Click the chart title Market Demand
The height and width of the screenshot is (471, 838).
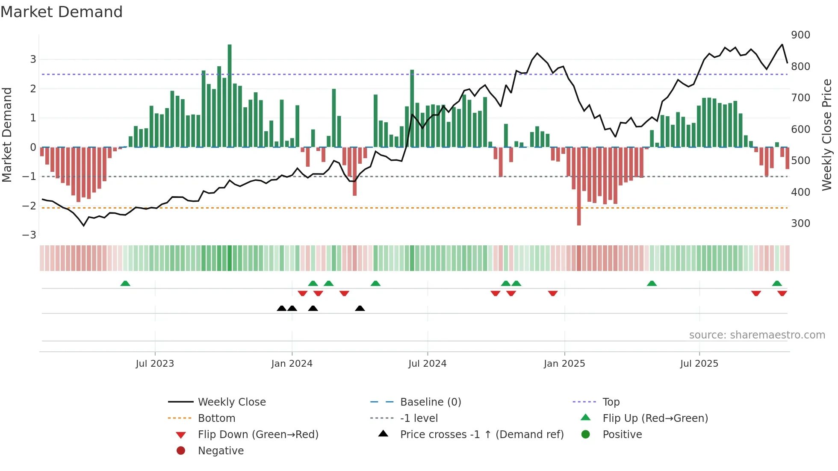pyautogui.click(x=62, y=12)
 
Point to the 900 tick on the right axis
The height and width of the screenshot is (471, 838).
pyautogui.click(x=800, y=35)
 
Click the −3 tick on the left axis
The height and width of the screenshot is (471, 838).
pyautogui.click(x=29, y=235)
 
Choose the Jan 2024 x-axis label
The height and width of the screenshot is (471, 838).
pyautogui.click(x=292, y=364)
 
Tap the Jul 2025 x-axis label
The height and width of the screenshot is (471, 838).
pyautogui.click(x=699, y=364)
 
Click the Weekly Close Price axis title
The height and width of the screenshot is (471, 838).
pyautogui.click(x=827, y=135)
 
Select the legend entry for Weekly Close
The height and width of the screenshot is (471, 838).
pyautogui.click(x=231, y=402)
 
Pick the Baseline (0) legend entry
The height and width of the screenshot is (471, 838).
pyautogui.click(x=430, y=402)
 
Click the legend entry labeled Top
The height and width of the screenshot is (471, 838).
pyautogui.click(x=611, y=402)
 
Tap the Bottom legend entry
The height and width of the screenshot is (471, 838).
pyautogui.click(x=216, y=418)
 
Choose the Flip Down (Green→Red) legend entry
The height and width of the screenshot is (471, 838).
pyautogui.click(x=258, y=434)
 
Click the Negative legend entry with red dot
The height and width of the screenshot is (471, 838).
pyautogui.click(x=221, y=450)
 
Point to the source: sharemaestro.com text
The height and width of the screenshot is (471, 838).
pyautogui.click(x=757, y=335)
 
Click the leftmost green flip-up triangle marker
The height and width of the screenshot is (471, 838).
pyautogui.click(x=125, y=283)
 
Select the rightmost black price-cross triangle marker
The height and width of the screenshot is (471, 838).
pyautogui.click(x=360, y=308)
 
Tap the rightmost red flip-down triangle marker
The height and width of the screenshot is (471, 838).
pyautogui.click(x=782, y=293)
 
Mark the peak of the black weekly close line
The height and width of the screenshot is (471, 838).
pyautogui.click(x=782, y=44)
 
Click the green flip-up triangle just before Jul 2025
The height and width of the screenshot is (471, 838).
pyautogui.click(x=652, y=283)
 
